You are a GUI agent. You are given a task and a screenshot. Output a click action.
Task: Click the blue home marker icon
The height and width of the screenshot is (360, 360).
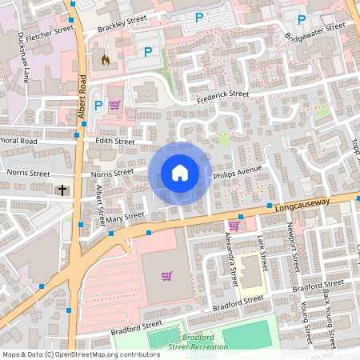point(180,173)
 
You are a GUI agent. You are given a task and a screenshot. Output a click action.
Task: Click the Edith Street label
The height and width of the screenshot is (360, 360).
point(115,141)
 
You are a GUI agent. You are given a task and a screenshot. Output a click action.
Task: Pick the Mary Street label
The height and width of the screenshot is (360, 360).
point(124,216)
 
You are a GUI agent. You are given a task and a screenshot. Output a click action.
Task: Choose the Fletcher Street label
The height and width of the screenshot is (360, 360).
point(49,36)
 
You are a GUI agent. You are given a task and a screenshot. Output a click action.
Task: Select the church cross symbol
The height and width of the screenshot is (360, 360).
point(62,190)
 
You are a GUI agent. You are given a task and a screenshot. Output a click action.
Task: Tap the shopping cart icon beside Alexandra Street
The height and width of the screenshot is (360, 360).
point(234,226)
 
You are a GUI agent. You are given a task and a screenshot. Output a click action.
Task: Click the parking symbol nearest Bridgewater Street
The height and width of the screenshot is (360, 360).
point(301,20)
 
